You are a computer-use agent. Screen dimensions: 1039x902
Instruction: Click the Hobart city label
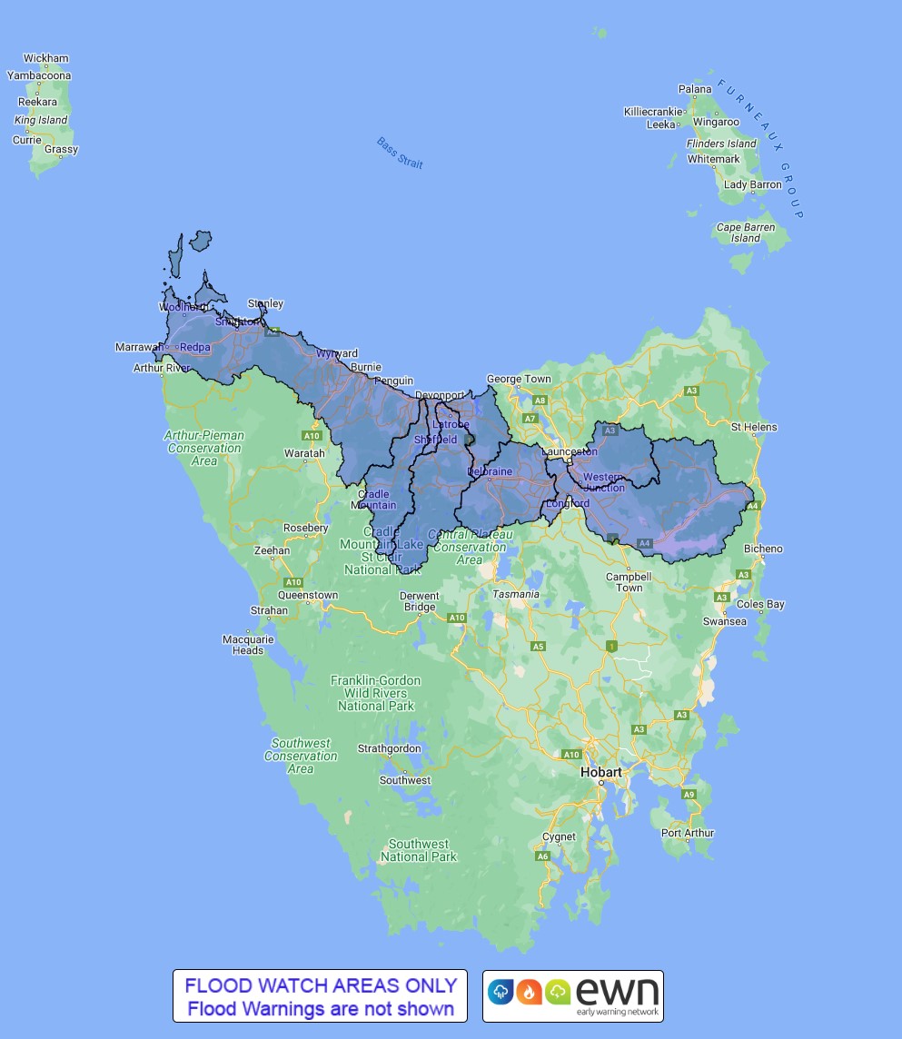pos(601,772)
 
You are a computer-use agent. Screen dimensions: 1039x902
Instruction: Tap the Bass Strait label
pos(401,153)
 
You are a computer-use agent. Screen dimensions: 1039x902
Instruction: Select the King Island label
pos(41,120)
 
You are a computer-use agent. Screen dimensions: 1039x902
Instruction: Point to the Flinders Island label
pos(722,143)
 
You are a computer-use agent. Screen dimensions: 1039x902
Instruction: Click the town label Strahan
pos(269,610)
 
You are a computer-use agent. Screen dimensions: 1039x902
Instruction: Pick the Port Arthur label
pos(688,833)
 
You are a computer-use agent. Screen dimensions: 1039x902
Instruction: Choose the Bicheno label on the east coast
pos(763,549)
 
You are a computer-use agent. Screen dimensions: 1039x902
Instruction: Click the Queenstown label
pos(307,596)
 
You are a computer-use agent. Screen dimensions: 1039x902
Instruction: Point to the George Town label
pos(519,379)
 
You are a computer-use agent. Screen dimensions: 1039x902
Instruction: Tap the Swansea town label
pos(725,621)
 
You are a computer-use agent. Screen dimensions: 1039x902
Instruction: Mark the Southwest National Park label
pos(419,850)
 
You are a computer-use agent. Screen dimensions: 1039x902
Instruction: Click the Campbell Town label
pos(629,582)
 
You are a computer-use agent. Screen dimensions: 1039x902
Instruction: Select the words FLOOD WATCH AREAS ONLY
pos(321,985)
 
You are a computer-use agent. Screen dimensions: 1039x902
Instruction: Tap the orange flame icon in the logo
pos(527,992)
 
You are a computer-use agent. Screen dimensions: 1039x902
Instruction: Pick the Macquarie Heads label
pos(248,645)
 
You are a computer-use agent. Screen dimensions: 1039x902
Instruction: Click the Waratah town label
pos(304,453)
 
